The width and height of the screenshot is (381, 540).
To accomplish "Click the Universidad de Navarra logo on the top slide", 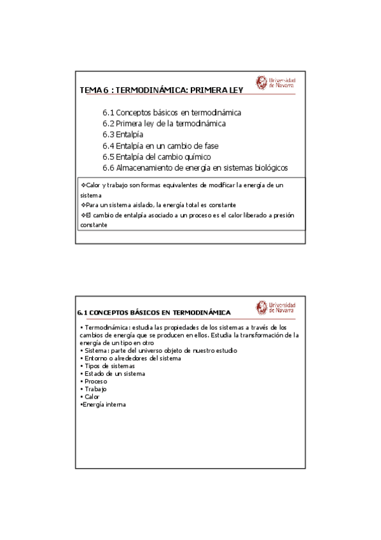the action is [x=275, y=83].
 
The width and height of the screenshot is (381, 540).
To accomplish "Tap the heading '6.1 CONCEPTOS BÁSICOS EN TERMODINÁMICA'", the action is [x=153, y=313].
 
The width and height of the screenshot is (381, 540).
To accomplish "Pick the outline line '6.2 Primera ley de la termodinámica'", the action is [x=163, y=124].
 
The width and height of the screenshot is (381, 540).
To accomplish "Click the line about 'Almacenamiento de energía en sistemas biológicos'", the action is [x=195, y=168].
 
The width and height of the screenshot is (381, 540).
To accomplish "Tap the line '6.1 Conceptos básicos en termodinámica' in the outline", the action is [x=171, y=113].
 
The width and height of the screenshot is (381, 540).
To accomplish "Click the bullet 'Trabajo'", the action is [x=95, y=389].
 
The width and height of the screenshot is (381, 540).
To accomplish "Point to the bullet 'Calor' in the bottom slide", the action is [x=92, y=397].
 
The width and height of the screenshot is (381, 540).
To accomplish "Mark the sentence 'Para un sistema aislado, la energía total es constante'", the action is [x=158, y=205].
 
